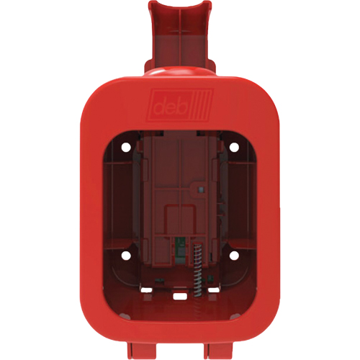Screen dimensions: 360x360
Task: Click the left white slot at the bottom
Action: tap(148, 290)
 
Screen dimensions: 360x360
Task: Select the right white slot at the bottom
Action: tap(212, 290)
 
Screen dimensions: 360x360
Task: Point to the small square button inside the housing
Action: tap(201, 188)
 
